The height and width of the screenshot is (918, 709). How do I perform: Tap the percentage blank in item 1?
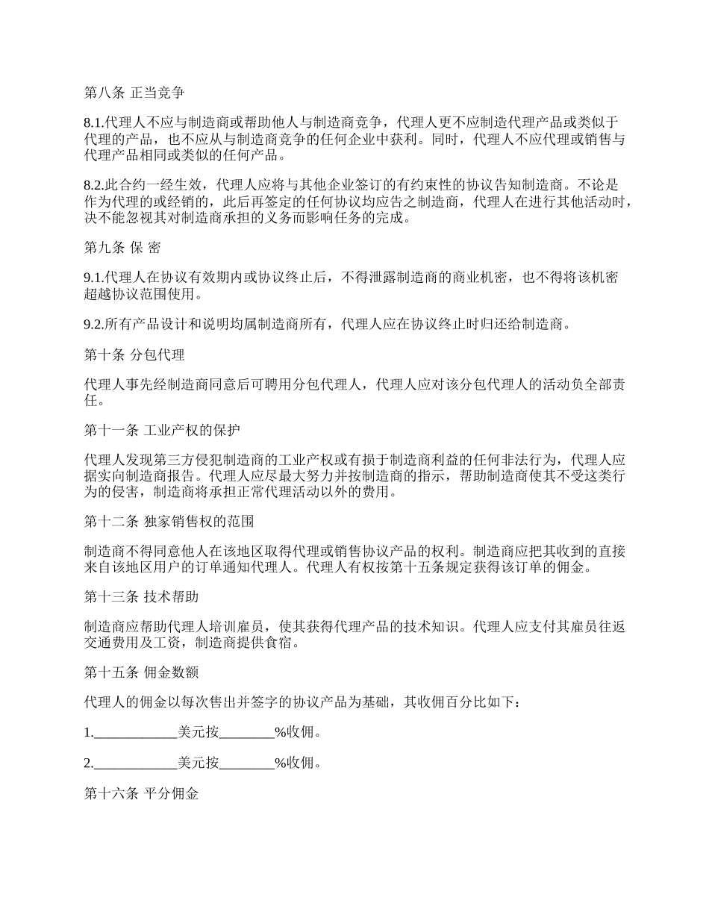[247, 733]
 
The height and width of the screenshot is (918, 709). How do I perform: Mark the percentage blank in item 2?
[247, 764]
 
